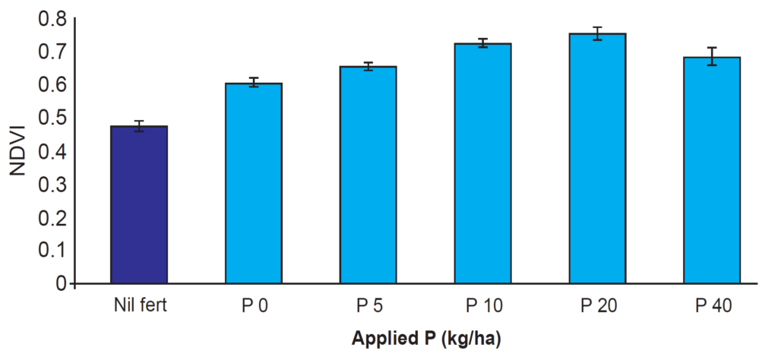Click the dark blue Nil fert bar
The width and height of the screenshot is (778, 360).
click(x=139, y=205)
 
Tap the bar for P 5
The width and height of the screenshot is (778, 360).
click(x=368, y=175)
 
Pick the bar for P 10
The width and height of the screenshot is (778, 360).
click(x=482, y=163)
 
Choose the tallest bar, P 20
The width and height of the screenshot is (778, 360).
click(x=597, y=159)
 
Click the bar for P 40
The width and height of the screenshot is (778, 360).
click(x=712, y=170)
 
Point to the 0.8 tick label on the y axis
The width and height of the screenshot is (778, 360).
click(x=51, y=18)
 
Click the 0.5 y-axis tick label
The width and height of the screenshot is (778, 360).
click(x=51, y=118)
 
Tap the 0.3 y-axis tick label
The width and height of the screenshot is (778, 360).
click(x=51, y=185)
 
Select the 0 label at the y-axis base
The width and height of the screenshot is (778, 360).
click(x=61, y=284)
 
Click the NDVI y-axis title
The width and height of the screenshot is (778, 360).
click(x=18, y=151)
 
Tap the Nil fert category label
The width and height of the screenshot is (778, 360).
click(x=139, y=306)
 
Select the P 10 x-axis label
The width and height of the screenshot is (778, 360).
click(x=482, y=306)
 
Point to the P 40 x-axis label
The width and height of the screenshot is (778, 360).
click(x=712, y=306)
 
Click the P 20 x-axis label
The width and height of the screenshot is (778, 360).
click(x=597, y=306)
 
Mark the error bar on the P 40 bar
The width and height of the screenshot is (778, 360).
click(x=712, y=56)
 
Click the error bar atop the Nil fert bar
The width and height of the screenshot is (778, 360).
click(x=139, y=126)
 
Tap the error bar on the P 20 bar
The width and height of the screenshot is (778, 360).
click(x=597, y=33)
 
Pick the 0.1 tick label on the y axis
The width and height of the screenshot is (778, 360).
click(x=51, y=251)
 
